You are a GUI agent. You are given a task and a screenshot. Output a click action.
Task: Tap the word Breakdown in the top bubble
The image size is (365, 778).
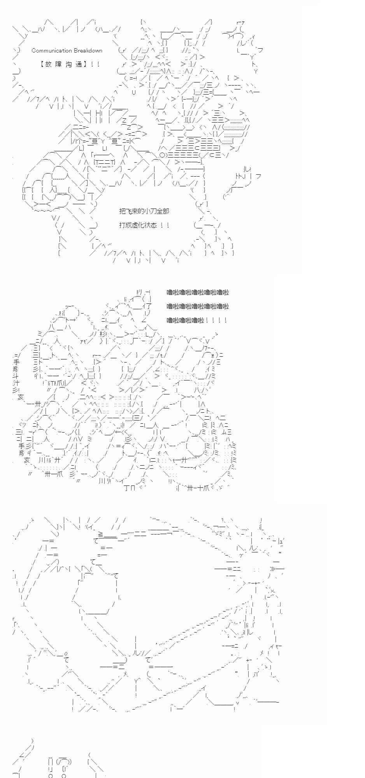coord(88,51)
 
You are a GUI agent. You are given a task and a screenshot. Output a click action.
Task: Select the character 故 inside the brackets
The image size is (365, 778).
coord(49,64)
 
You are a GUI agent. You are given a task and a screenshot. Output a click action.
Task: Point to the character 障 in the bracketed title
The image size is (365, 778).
coord(59,64)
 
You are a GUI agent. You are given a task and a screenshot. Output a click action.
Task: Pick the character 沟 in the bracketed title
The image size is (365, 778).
coord(69,64)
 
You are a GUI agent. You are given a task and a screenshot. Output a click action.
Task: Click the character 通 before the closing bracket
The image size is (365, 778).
coord(79,64)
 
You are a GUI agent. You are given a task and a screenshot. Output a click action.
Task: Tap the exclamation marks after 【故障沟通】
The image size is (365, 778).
coord(95,64)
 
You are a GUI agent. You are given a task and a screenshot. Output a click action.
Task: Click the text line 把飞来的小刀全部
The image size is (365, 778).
coord(144,211)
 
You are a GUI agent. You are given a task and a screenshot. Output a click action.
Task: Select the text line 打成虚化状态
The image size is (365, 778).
coord(138,225)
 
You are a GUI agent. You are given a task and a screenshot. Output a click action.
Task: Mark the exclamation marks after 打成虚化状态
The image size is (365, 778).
coord(165,225)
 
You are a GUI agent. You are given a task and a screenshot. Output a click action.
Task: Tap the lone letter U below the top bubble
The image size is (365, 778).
coord(133,92)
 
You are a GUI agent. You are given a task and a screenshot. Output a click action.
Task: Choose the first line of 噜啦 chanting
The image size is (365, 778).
coord(198,292)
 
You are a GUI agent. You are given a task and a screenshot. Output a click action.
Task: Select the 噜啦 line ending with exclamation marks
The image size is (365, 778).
coord(197,320)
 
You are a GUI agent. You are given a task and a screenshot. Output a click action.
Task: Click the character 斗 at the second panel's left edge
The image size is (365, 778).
coord(16,375)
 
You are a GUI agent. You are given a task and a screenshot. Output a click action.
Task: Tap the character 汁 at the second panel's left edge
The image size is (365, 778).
coord(16,383)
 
